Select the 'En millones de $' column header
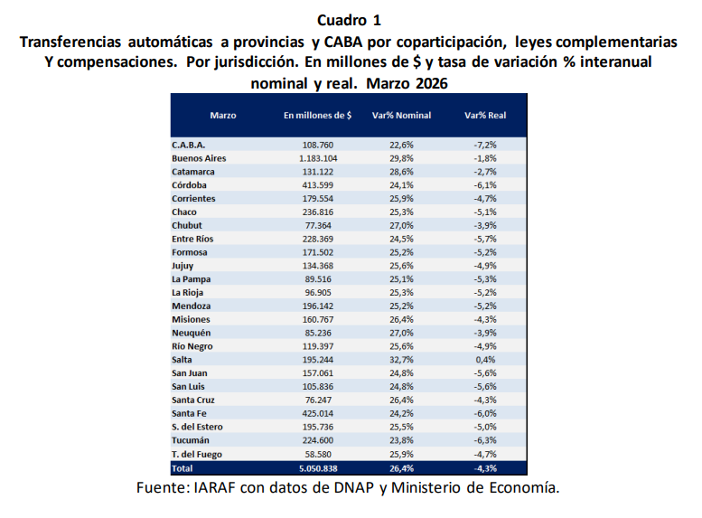tap(317, 116)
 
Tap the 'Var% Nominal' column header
tap(401, 116)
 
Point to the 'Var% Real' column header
tap(485, 116)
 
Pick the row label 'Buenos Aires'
tap(198, 158)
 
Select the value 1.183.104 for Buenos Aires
tap(317, 158)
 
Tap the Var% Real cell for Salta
tap(485, 359)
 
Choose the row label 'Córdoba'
tap(189, 184)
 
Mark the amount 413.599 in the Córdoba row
tap(317, 184)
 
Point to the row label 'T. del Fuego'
tap(197, 454)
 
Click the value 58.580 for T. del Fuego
tap(317, 454)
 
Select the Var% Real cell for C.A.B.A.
tap(485, 145)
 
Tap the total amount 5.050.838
tap(317, 468)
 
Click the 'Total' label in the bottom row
tap(182, 468)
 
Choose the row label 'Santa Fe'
tap(190, 413)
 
